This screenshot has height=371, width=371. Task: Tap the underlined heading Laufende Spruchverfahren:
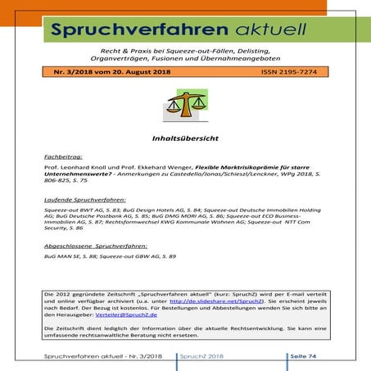tap(86, 199)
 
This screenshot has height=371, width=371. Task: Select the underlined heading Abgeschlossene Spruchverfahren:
tap(96, 246)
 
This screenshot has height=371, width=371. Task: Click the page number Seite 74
tap(310, 357)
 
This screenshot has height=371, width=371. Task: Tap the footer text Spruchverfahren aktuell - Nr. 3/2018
tap(98, 357)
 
